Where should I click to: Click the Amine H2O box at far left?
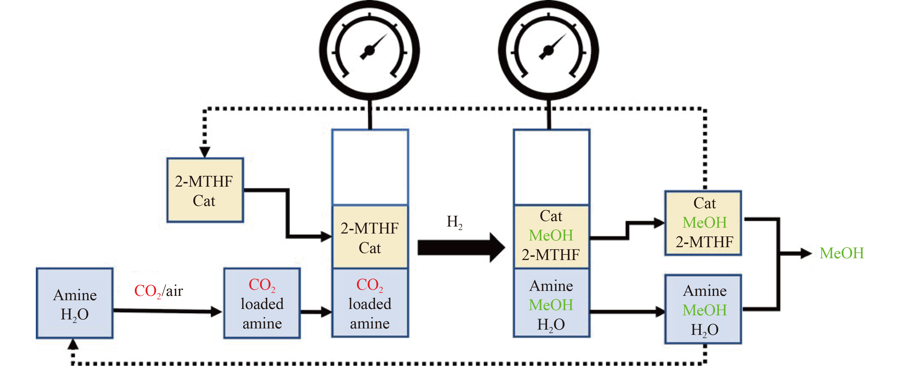click(75, 303)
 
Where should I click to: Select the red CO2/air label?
click(158, 291)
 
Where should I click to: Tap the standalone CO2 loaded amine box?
click(262, 303)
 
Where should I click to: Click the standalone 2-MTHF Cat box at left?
click(205, 190)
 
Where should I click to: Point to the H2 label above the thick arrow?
click(454, 222)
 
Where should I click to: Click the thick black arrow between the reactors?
click(461, 247)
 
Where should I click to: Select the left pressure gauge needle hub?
click(369, 51)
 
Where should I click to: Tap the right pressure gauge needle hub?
click(548, 51)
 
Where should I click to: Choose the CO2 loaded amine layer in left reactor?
click(370, 303)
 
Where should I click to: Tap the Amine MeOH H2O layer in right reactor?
click(551, 304)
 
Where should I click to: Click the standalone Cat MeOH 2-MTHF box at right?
click(703, 223)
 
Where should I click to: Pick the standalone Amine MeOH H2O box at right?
click(703, 309)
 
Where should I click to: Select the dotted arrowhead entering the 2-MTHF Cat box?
click(205, 152)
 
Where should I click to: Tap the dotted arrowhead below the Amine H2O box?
click(73, 344)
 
